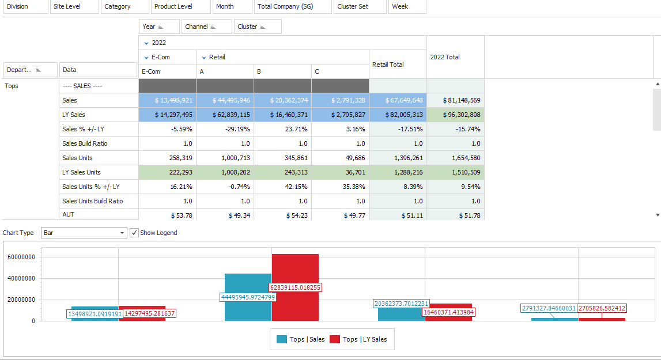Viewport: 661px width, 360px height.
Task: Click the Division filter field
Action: pyautogui.click(x=25, y=6)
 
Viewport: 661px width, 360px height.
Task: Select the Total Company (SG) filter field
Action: pyautogui.click(x=293, y=6)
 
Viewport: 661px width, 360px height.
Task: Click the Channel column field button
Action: pyautogui.click(x=206, y=26)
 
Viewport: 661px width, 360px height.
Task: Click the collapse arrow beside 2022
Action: pyautogui.click(x=146, y=43)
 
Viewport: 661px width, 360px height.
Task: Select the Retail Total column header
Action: pyautogui.click(x=397, y=65)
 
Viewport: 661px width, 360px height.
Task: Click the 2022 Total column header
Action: pyautogui.click(x=455, y=57)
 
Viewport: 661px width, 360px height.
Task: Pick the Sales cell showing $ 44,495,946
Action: pyautogui.click(x=225, y=100)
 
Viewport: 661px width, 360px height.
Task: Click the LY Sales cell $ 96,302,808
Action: pyautogui.click(x=455, y=115)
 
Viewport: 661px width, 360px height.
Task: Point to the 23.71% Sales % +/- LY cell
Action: pyautogui.click(x=282, y=129)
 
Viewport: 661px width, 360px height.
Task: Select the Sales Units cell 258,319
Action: pyautogui.click(x=167, y=158)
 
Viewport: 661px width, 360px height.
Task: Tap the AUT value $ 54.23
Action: pyautogui.click(x=282, y=215)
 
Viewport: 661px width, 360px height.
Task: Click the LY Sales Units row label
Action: pyautogui.click(x=99, y=172)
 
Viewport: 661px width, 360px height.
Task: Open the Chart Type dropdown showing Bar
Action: pyautogui.click(x=84, y=233)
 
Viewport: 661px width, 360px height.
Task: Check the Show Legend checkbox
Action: pyautogui.click(x=134, y=233)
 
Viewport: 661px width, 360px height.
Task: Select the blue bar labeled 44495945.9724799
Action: pyautogui.click(x=248, y=282)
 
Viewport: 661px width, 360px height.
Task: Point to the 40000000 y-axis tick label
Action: pyautogui.click(x=21, y=278)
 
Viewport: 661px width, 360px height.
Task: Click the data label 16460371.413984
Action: pyautogui.click(x=448, y=312)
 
